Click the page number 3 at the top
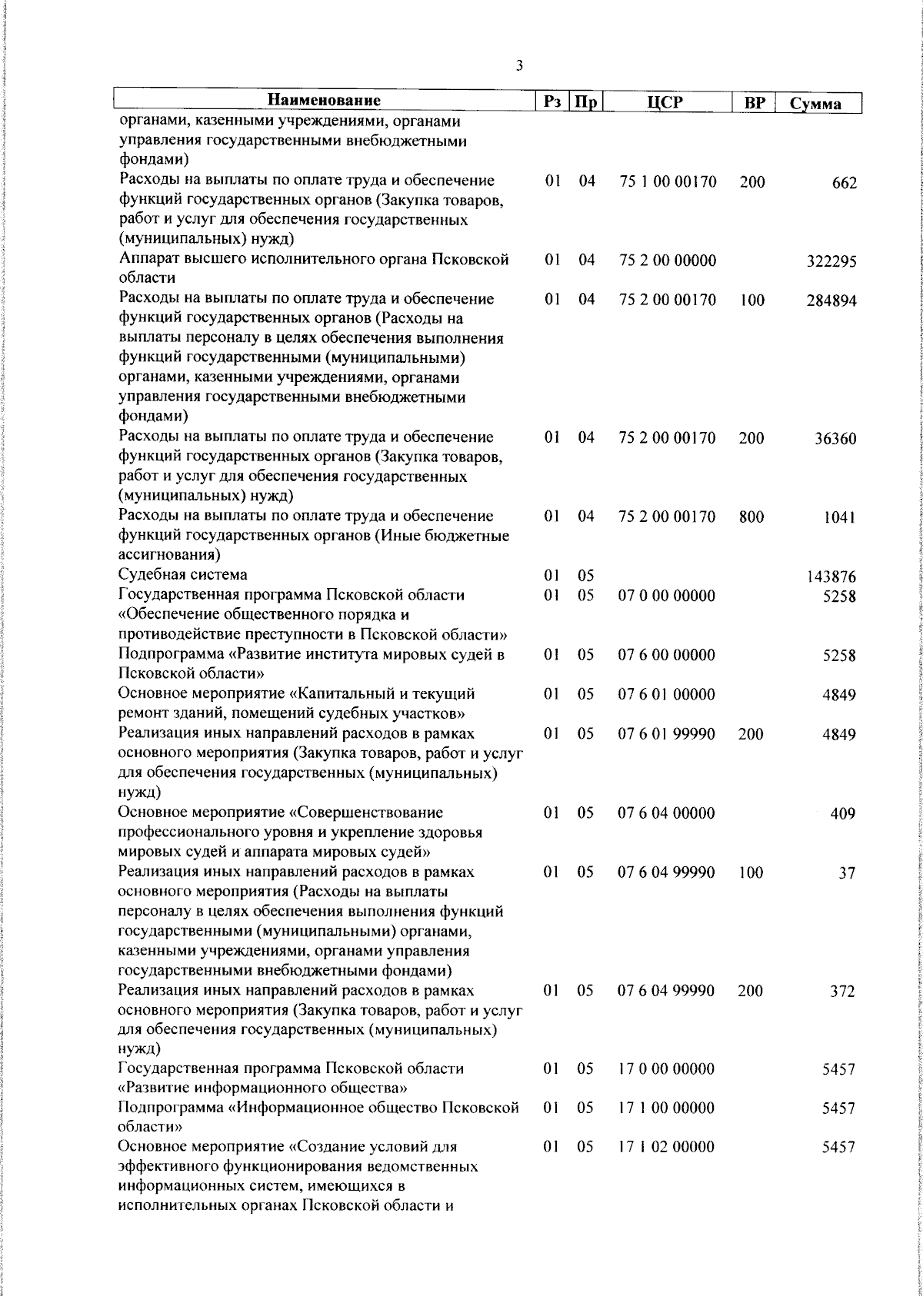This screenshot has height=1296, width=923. coord(520,66)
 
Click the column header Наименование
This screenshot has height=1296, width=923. coord(325,101)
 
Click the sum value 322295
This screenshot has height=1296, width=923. coord(831,262)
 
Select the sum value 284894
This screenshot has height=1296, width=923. coord(831,301)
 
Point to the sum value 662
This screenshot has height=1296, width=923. coord(843,184)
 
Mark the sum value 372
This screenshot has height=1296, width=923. coord(843,992)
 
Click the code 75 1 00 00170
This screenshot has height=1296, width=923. coord(668,182)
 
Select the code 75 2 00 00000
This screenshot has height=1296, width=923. coord(668,261)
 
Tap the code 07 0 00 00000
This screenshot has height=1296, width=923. coord(668,596)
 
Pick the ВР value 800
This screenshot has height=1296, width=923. coord(751,517)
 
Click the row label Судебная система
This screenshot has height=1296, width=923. coord(183,574)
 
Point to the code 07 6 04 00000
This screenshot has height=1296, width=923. coord(668,812)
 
